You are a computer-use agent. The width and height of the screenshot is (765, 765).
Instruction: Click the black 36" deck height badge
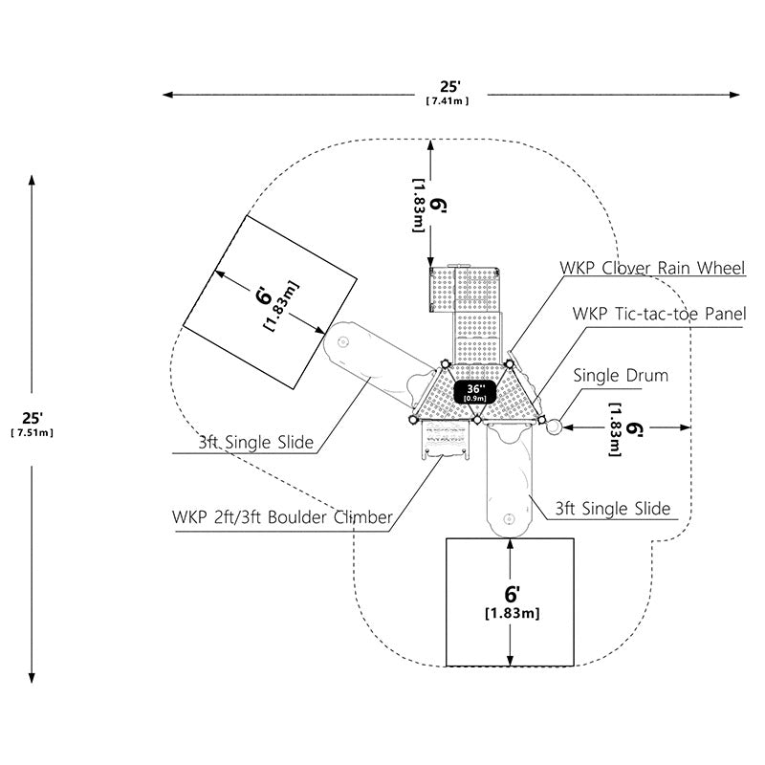click(x=475, y=392)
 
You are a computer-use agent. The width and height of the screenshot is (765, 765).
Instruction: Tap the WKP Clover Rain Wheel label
click(x=652, y=268)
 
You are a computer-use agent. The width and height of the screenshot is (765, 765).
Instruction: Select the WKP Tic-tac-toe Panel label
click(x=659, y=314)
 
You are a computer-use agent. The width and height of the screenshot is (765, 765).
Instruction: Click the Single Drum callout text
click(x=621, y=375)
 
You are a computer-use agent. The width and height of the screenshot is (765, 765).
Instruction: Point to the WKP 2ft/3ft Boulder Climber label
click(x=282, y=516)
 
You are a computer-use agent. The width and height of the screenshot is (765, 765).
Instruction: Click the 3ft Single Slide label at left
click(x=256, y=442)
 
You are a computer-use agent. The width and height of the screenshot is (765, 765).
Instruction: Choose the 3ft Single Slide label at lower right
click(x=613, y=509)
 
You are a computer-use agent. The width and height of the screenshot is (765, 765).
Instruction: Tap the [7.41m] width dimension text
click(x=448, y=101)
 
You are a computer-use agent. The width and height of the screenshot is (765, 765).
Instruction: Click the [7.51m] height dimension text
click(x=33, y=433)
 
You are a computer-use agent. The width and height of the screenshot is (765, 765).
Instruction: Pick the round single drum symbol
click(x=555, y=426)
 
